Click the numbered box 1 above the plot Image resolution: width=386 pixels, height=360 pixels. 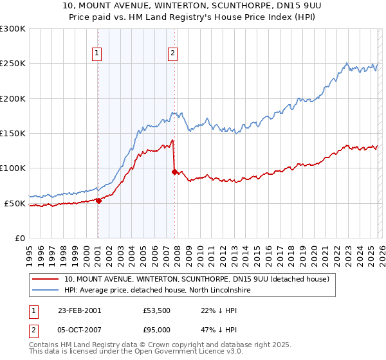(x=97, y=54)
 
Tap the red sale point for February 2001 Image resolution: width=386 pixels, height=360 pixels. (x=98, y=201)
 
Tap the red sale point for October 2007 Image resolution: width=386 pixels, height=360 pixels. (x=174, y=172)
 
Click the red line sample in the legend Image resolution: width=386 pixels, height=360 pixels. (x=46, y=279)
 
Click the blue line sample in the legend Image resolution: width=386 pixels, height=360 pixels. (x=46, y=291)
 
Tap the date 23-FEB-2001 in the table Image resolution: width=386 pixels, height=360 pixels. (x=79, y=310)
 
